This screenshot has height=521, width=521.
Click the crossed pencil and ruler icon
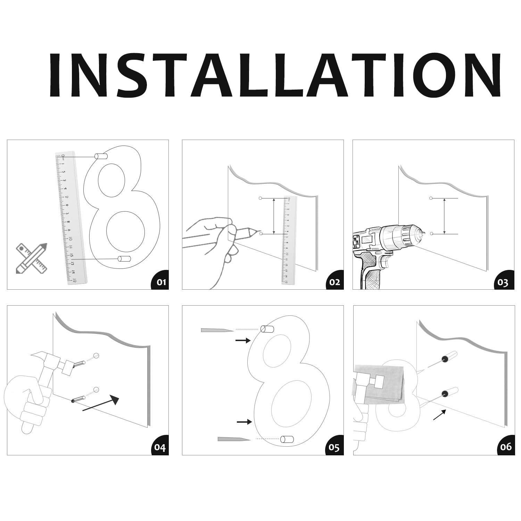(32, 258)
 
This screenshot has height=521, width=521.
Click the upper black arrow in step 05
(243, 340)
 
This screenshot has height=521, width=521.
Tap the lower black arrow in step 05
(244, 422)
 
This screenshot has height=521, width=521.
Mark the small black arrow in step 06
(439, 414)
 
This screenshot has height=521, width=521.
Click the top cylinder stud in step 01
(101, 156)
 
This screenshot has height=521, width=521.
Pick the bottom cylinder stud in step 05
(287, 439)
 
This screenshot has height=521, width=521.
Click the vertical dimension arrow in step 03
(445, 216)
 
